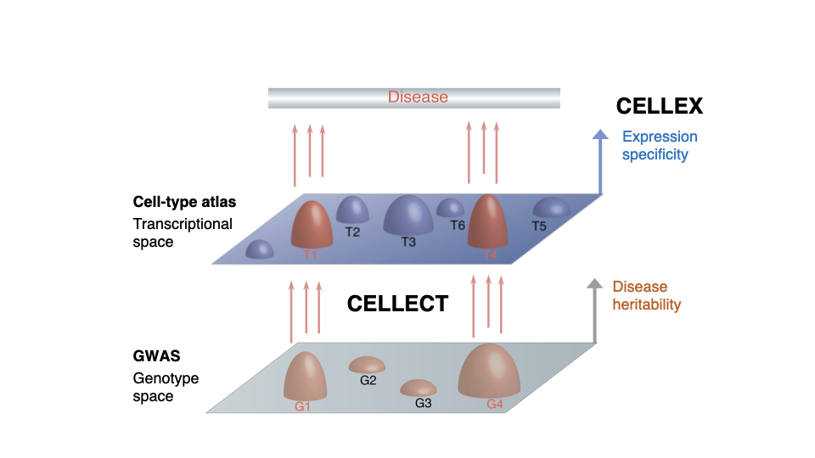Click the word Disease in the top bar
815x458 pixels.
coord(418,97)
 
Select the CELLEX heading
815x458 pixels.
coord(659,106)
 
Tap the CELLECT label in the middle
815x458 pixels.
coord(397,304)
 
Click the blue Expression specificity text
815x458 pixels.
coord(660,145)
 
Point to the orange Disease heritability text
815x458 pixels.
coord(646,295)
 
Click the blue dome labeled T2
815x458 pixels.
coord(352,209)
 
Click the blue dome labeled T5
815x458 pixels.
coord(551,207)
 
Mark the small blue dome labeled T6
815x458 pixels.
coord(450,208)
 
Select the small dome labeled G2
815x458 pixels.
coord(367,365)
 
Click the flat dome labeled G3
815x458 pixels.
coord(419,388)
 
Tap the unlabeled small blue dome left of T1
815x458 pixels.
coord(259,249)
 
